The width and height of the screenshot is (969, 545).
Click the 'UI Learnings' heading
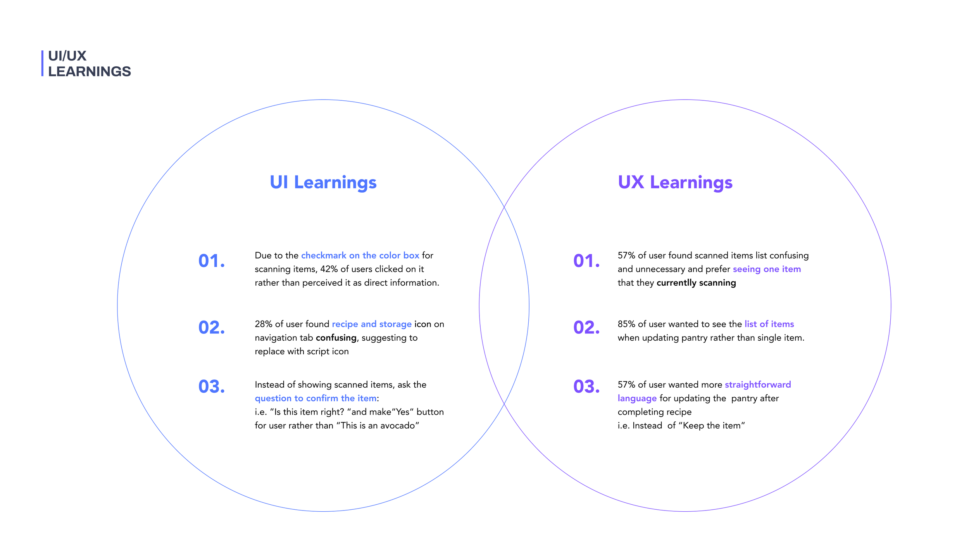(323, 182)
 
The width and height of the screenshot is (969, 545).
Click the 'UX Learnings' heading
(675, 182)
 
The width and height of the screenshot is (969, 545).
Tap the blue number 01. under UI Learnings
(212, 261)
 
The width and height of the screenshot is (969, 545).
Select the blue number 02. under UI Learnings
(212, 328)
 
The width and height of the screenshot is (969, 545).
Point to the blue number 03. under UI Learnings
(212, 386)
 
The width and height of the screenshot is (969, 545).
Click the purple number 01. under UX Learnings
(586, 261)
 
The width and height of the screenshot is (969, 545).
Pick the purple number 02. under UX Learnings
(586, 328)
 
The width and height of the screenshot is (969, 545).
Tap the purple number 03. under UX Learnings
(586, 386)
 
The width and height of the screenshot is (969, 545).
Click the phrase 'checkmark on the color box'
(360, 255)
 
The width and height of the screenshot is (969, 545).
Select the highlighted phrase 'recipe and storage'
(372, 324)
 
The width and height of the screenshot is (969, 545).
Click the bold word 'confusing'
(336, 338)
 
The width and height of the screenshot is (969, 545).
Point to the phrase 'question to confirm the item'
(316, 398)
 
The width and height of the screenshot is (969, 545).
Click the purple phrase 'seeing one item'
(766, 269)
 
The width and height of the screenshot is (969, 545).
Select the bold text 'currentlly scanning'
(696, 283)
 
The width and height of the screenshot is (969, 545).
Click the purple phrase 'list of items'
(769, 324)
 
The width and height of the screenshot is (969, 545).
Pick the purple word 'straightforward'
(757, 385)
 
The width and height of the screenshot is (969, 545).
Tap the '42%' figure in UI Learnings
(329, 269)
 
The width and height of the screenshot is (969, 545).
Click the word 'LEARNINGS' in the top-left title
(90, 72)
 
